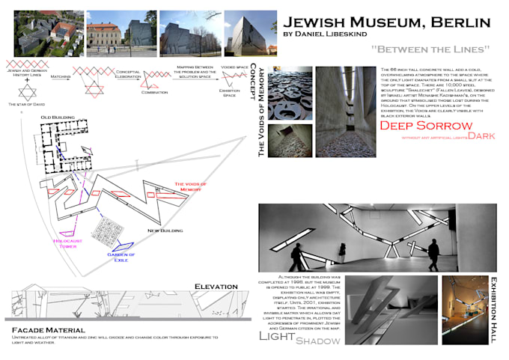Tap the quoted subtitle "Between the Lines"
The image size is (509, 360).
click(420, 49)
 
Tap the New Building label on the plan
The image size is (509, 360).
click(165, 231)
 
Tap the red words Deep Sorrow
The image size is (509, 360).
click(427, 125)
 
